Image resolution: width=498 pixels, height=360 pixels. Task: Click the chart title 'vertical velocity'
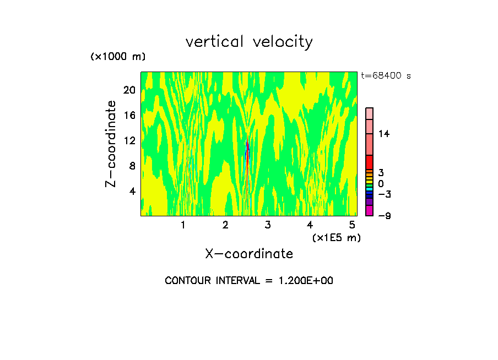(x=249, y=42)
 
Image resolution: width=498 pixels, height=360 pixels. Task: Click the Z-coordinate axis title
(x=112, y=144)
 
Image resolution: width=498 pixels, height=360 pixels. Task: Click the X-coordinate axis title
(x=249, y=254)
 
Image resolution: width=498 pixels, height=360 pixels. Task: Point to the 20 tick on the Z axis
(x=129, y=90)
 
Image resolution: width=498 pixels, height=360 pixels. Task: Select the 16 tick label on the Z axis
(x=129, y=115)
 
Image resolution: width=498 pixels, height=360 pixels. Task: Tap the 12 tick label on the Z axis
(x=129, y=140)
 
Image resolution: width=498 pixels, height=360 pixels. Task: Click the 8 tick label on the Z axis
(x=132, y=166)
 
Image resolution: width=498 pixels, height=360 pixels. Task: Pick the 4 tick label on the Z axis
(x=132, y=191)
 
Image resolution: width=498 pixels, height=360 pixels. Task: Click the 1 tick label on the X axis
(x=183, y=225)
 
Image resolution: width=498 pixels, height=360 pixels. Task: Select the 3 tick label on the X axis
(x=267, y=225)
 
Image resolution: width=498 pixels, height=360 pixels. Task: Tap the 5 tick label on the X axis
(x=352, y=225)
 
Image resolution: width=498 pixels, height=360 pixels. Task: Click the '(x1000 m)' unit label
(x=117, y=57)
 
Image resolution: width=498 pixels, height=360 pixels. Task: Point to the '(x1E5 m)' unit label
(x=337, y=238)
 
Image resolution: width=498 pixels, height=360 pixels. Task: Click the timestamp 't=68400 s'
(x=386, y=76)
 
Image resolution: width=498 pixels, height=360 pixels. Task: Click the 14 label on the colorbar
(x=384, y=134)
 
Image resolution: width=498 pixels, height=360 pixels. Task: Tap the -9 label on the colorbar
(x=384, y=216)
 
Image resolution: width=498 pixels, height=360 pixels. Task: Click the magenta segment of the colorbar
(x=370, y=210)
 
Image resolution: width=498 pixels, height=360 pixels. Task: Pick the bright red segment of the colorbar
(x=370, y=162)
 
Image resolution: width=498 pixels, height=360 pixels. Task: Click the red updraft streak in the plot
(x=248, y=151)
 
